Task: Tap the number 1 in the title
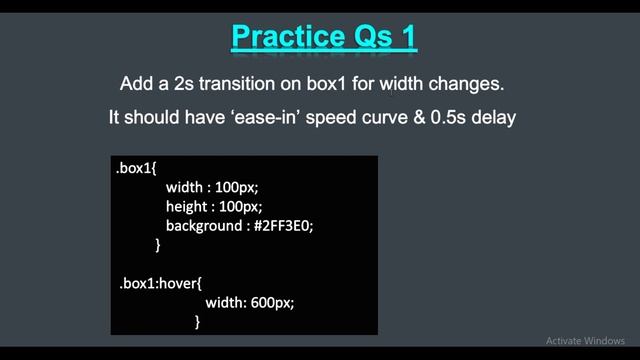tap(406, 37)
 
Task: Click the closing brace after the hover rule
tap(198, 321)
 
